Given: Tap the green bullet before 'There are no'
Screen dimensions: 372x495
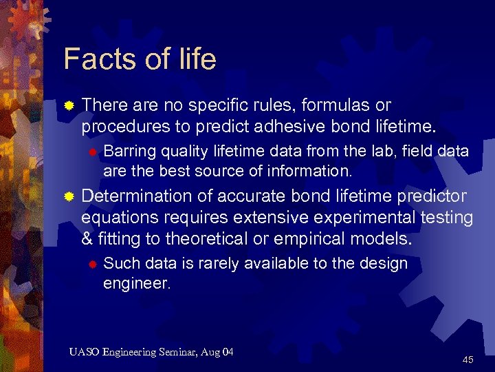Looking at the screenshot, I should (x=69, y=106).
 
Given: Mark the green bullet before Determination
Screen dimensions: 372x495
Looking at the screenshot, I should (x=69, y=198).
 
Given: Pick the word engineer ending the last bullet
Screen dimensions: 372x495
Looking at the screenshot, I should (x=135, y=282).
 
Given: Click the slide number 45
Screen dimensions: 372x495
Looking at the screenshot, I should (x=467, y=360).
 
